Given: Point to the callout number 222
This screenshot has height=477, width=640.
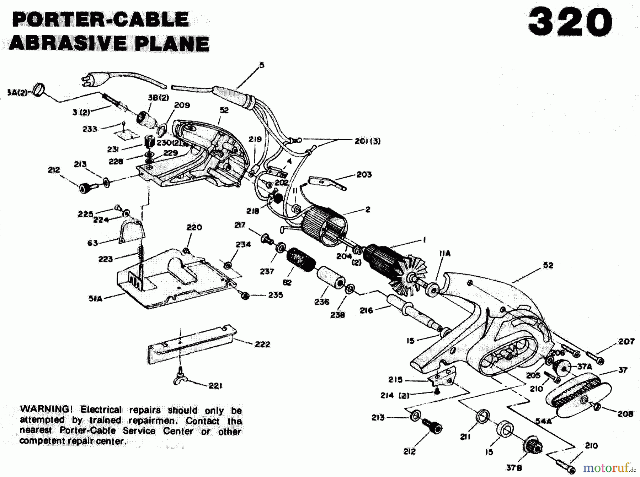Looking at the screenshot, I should [x=262, y=344].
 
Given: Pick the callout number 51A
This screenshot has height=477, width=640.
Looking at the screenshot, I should [x=95, y=299].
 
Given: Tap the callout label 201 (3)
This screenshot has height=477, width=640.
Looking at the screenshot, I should [x=367, y=141].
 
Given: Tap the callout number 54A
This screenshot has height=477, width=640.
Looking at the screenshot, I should [x=544, y=421].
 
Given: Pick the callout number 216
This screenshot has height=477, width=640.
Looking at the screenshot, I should [x=366, y=310].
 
